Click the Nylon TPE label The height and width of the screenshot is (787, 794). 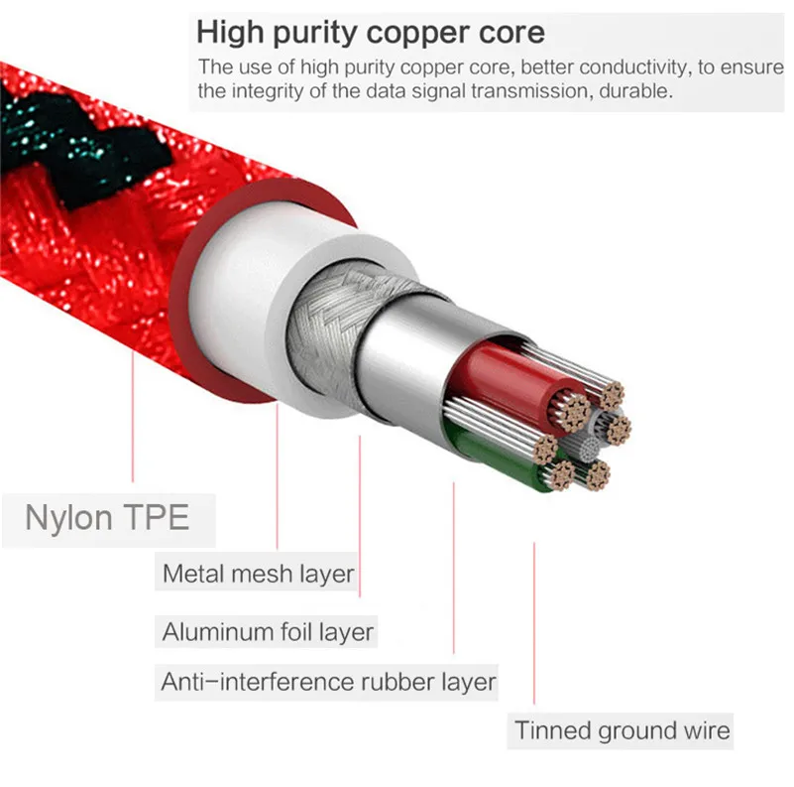[107, 517]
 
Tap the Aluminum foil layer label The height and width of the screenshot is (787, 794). [268, 631]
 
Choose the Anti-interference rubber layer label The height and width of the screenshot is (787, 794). [328, 683]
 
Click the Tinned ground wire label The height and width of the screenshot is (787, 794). [623, 731]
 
